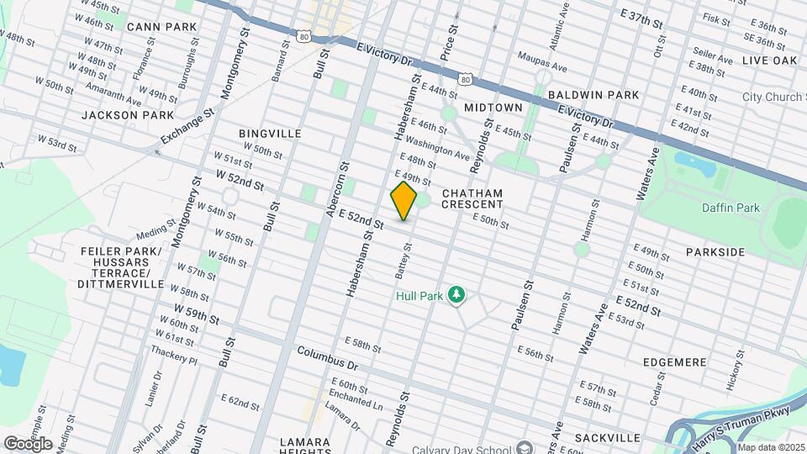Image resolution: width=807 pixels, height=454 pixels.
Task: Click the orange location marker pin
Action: click(403, 201)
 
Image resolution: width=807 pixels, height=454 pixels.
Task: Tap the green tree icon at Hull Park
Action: click(456, 294)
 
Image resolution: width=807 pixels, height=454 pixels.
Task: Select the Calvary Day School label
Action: click(467, 446)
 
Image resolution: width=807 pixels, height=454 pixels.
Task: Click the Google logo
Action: click(28, 443)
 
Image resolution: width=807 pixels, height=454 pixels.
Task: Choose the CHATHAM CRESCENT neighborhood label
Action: click(472, 198)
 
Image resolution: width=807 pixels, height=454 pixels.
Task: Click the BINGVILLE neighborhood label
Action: click(270, 134)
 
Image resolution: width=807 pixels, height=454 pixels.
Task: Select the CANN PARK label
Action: click(161, 27)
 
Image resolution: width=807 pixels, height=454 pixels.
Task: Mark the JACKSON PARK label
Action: click(128, 114)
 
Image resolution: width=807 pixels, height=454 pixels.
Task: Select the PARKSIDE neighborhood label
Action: click(715, 252)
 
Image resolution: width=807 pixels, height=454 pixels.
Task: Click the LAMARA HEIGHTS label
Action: click(306, 447)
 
